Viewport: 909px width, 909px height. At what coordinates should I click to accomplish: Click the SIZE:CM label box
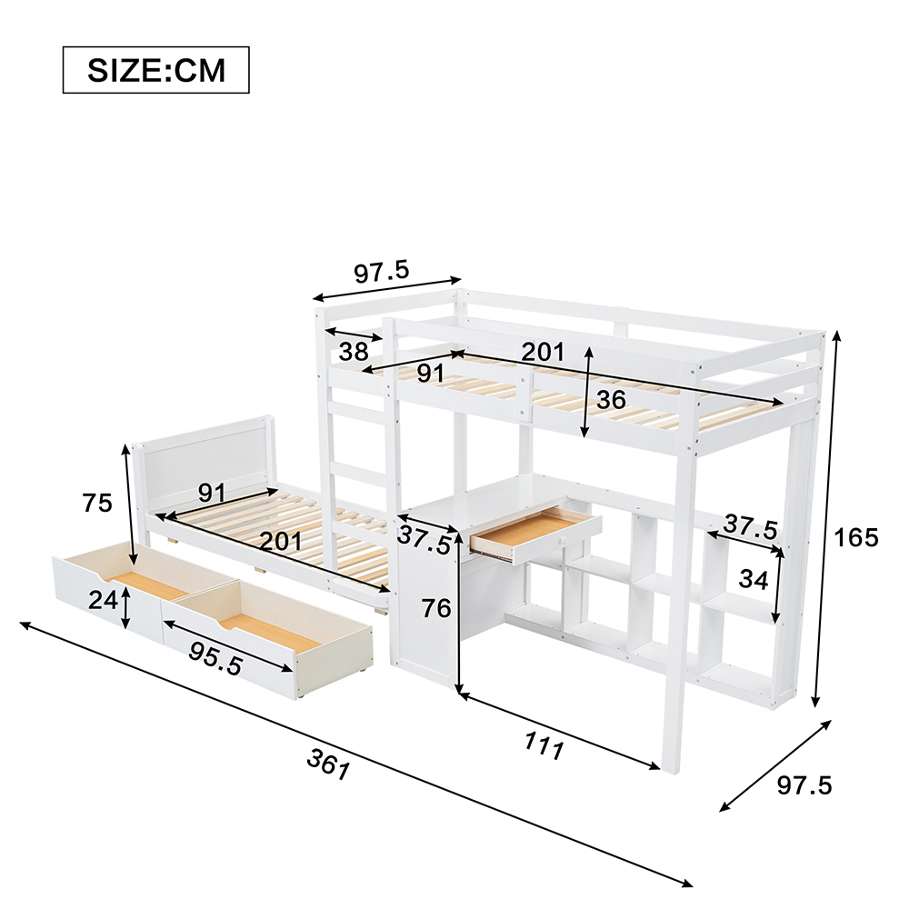(x=156, y=70)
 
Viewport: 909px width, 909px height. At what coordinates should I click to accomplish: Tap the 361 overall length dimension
(x=329, y=764)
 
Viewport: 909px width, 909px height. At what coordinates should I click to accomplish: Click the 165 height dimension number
(x=855, y=538)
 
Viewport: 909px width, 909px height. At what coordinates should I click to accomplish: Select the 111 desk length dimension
(x=544, y=745)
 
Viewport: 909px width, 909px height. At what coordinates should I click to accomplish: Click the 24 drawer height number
(x=104, y=600)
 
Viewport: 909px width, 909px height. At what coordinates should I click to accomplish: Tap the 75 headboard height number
(x=97, y=503)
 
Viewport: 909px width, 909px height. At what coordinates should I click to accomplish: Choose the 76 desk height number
(x=436, y=608)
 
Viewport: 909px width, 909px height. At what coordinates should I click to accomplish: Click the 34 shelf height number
(x=754, y=580)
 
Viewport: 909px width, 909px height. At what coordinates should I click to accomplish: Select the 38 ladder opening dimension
(x=354, y=351)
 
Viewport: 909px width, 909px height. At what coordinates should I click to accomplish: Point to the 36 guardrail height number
(x=611, y=400)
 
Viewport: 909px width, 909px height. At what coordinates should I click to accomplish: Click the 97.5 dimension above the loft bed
(x=382, y=272)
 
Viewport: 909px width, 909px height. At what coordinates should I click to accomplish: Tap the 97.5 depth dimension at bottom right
(x=804, y=785)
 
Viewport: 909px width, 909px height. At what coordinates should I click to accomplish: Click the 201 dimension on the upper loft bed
(x=543, y=352)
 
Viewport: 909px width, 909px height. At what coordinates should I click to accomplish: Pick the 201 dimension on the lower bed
(x=281, y=541)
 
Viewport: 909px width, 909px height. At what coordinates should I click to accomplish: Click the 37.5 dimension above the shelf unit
(x=750, y=526)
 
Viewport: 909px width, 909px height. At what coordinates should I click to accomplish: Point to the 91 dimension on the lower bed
(x=212, y=493)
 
